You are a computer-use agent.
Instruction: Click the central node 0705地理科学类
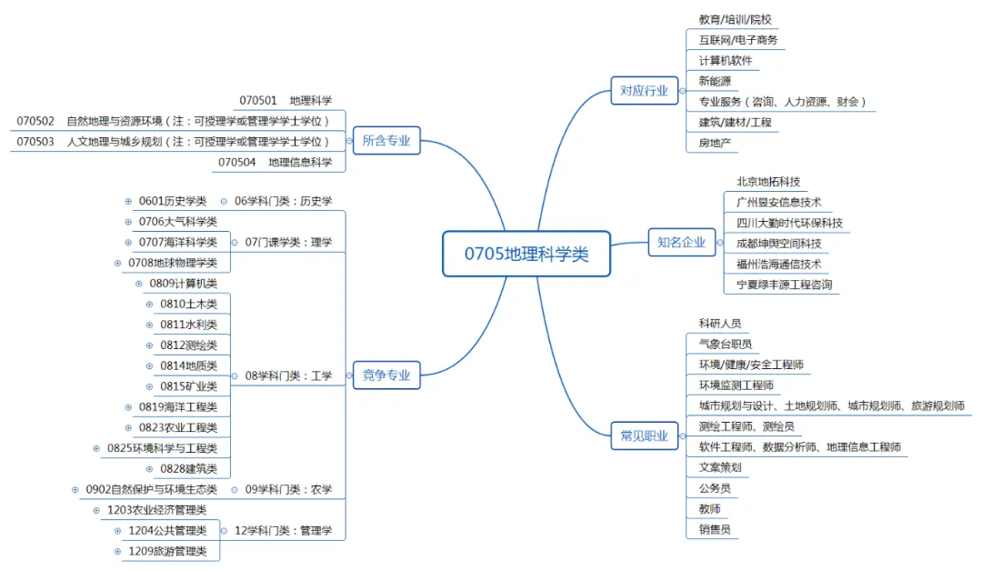click(526, 254)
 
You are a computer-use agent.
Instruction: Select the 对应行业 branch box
click(644, 90)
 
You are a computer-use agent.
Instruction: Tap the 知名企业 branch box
click(681, 242)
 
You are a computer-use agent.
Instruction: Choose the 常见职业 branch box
click(644, 436)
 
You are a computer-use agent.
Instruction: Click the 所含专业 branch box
click(386, 141)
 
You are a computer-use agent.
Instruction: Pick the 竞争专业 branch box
click(386, 375)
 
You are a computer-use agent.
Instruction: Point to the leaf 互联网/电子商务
click(737, 40)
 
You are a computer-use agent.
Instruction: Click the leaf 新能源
click(716, 81)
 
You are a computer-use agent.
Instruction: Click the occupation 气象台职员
click(725, 344)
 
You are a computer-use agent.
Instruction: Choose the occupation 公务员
click(715, 488)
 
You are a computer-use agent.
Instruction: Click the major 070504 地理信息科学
click(275, 162)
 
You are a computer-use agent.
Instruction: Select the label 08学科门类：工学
click(288, 375)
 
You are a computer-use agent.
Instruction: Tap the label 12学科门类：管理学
click(283, 530)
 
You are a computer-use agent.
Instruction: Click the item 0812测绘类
click(188, 345)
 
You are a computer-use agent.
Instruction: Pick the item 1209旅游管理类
click(167, 551)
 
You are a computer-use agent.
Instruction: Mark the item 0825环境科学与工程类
click(162, 448)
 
